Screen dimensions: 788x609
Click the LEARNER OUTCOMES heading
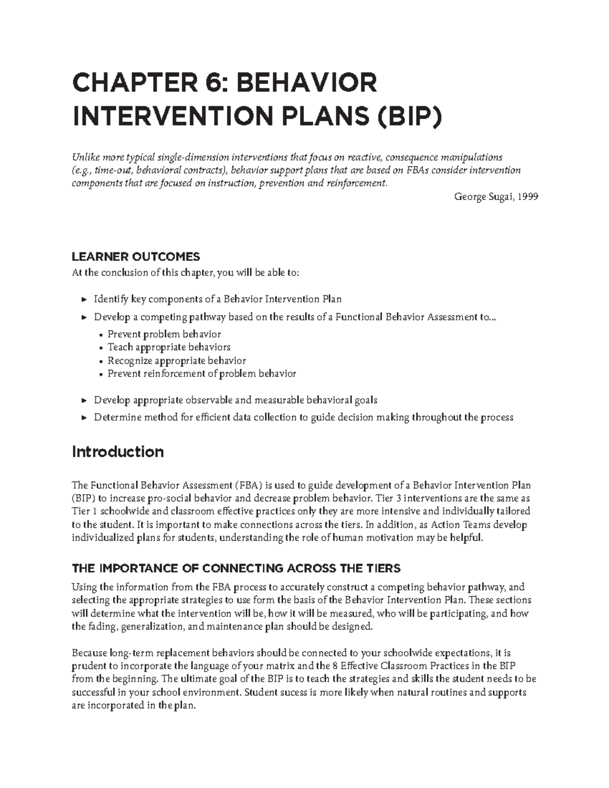[x=136, y=256]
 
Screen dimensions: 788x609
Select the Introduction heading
[x=118, y=452]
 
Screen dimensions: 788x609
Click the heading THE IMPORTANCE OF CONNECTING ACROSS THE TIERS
[x=236, y=568]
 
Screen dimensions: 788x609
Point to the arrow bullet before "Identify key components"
[x=84, y=300]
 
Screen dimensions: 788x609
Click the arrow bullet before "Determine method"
[x=84, y=418]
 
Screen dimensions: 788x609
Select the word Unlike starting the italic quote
[x=85, y=157]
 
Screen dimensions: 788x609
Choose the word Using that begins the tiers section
[x=84, y=587]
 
